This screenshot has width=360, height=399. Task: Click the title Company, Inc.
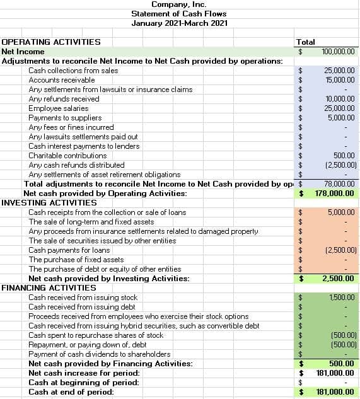click(x=178, y=4)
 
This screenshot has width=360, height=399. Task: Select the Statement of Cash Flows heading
click(x=178, y=14)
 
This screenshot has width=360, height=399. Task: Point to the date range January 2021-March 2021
click(x=178, y=23)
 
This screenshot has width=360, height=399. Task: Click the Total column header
click(x=305, y=42)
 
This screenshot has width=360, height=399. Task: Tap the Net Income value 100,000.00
click(x=338, y=52)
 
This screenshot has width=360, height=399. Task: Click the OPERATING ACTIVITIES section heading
click(x=51, y=42)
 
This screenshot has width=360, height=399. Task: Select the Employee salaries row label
click(x=59, y=108)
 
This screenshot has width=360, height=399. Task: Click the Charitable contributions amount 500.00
click(x=345, y=156)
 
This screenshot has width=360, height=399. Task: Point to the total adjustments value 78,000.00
click(x=339, y=184)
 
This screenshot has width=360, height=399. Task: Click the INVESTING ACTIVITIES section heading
click(x=49, y=203)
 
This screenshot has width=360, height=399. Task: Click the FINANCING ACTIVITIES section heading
click(x=49, y=288)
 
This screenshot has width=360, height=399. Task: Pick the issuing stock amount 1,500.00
click(x=342, y=298)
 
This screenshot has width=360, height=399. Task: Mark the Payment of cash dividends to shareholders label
click(x=100, y=354)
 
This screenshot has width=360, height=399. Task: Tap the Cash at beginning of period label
click(x=84, y=383)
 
